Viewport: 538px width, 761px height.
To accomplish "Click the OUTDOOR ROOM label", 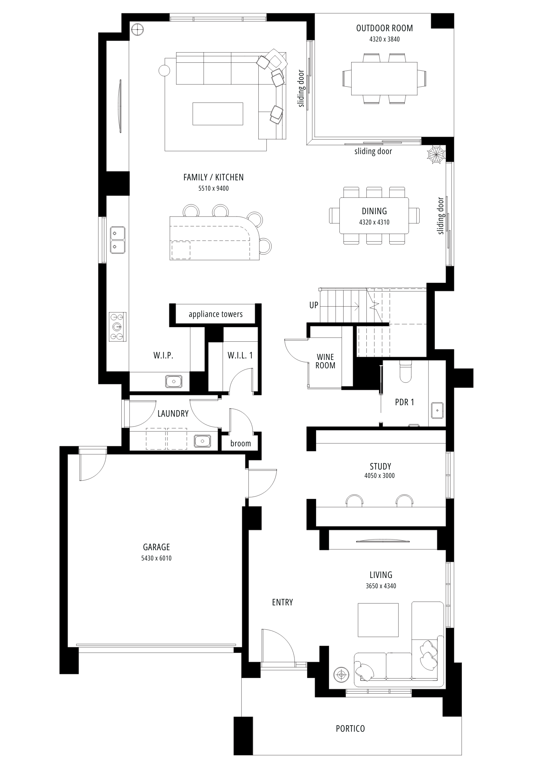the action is point(384,28).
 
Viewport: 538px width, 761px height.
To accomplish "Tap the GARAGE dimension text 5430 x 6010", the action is point(156,558).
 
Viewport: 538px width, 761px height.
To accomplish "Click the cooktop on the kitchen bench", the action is point(118,326).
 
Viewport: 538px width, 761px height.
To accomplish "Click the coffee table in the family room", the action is point(218,113).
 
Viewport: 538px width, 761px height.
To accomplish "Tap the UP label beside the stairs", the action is point(314,305).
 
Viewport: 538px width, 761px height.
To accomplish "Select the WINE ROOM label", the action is point(325,361).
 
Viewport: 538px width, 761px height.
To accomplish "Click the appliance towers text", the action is point(216,314).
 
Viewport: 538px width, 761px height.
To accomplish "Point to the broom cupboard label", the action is point(240,443).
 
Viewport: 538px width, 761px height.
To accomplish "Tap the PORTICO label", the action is point(350,729).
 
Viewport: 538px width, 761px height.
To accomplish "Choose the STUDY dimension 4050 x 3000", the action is point(379,476).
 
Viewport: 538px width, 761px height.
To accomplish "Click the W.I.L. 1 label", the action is point(240,355).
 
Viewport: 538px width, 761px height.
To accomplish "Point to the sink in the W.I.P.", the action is point(174,381).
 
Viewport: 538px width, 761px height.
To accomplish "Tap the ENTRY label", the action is point(282,602).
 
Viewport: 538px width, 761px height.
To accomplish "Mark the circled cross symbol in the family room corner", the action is point(137,29).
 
